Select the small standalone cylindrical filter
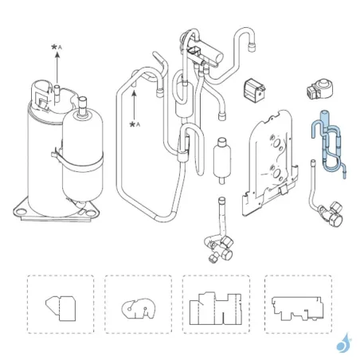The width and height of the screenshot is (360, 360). coord(221,160)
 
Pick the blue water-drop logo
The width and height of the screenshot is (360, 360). coord(344,343)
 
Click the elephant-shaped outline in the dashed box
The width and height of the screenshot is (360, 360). coord(139,309)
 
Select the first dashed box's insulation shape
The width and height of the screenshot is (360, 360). coord(61,308)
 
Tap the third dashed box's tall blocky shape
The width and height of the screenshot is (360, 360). coord(216,308)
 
